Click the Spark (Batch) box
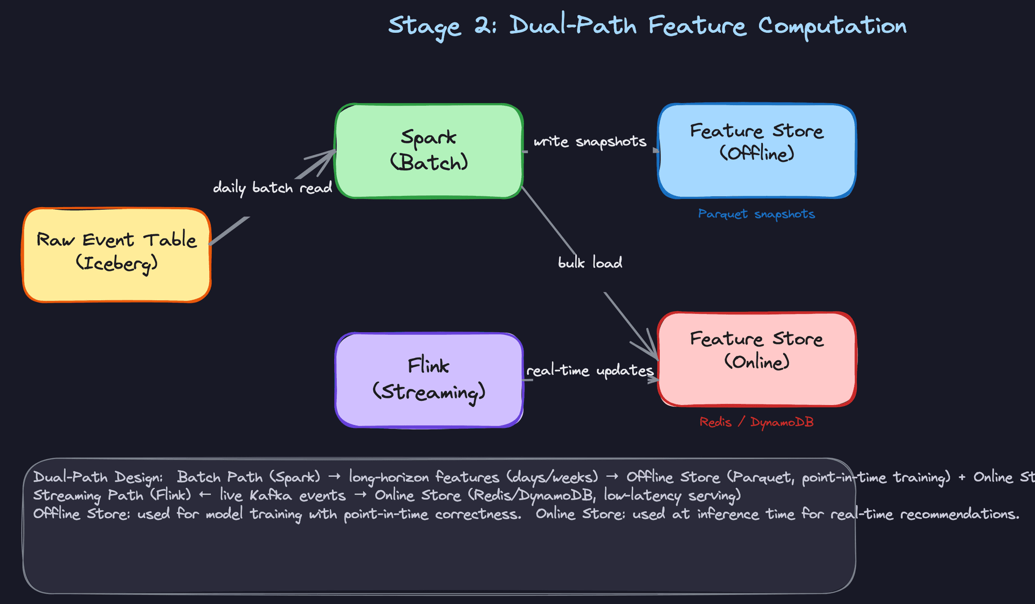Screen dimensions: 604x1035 click(429, 151)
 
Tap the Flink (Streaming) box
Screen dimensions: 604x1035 click(429, 380)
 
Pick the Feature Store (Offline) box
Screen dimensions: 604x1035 click(756, 151)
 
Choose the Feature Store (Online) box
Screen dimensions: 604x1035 click(756, 359)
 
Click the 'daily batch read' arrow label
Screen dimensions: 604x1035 click(272, 188)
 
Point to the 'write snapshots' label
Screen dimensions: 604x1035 click(590, 141)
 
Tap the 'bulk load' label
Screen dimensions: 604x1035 click(590, 263)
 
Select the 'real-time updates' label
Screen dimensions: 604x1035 click(590, 370)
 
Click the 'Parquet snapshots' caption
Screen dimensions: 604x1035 click(756, 214)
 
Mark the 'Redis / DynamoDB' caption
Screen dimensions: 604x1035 click(756, 422)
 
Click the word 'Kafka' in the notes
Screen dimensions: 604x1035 click(271, 495)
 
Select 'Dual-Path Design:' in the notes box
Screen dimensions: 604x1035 click(98, 477)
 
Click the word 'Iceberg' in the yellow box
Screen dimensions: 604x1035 click(116, 264)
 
